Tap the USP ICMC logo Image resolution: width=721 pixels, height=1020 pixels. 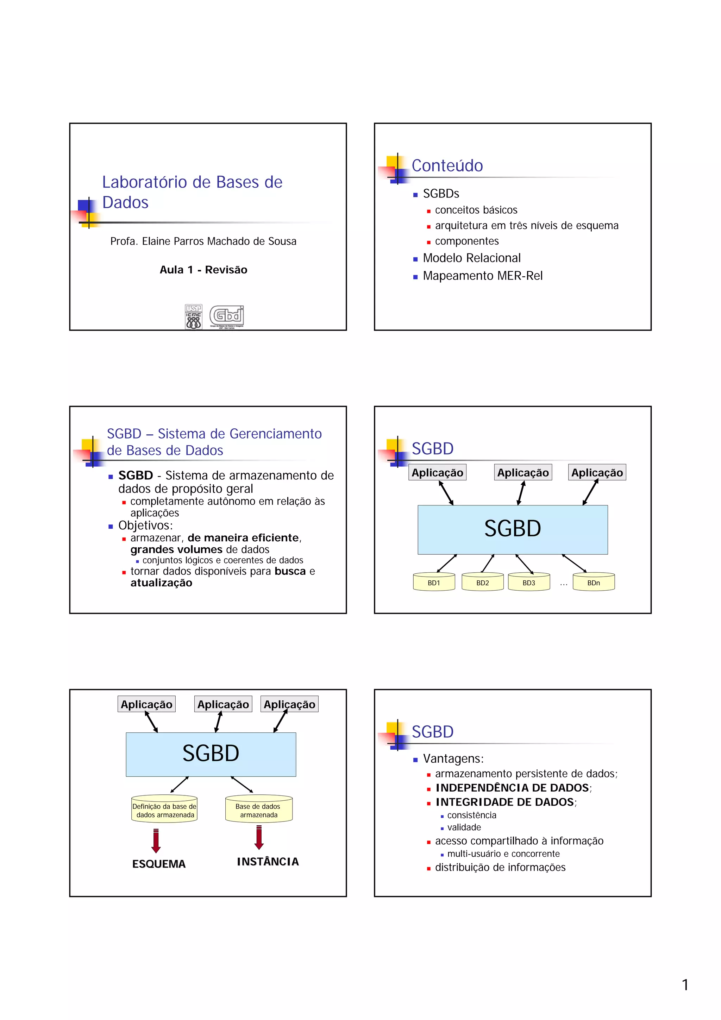(x=193, y=316)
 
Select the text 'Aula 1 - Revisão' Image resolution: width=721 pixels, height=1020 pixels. (x=203, y=270)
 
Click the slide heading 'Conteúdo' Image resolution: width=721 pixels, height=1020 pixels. (x=447, y=166)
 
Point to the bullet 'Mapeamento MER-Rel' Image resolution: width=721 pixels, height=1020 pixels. (x=482, y=276)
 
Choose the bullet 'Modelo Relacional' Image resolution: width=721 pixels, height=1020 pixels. (x=471, y=258)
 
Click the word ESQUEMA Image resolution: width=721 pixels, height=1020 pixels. (x=158, y=864)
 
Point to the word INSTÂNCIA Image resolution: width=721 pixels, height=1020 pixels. (x=268, y=862)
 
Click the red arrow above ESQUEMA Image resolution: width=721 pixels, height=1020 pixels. (x=156, y=840)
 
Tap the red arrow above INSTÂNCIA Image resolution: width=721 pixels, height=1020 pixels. (x=259, y=837)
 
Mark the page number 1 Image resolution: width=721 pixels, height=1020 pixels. (x=685, y=984)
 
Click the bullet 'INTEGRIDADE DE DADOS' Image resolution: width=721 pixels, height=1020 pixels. (x=505, y=802)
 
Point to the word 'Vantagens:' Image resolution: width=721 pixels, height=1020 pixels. (x=453, y=758)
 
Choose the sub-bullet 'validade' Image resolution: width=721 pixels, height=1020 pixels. (x=464, y=827)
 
